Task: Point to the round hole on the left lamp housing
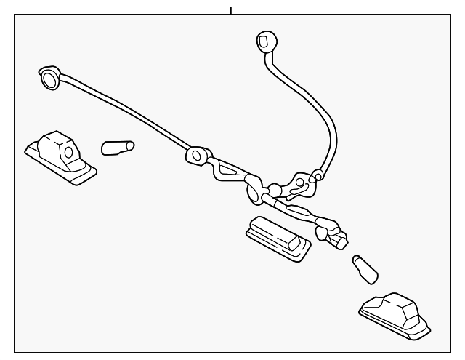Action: coord(68,153)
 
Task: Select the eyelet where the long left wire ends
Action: coord(196,155)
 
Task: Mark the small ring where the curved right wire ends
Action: coord(317,175)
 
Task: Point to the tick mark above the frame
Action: coord(230,10)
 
